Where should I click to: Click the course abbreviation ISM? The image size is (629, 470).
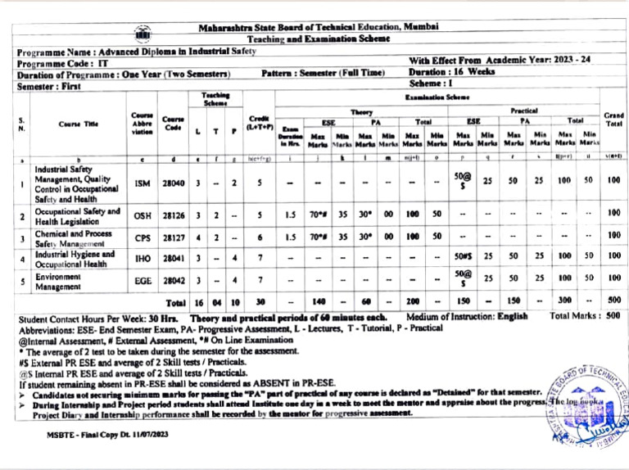tap(142, 186)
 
